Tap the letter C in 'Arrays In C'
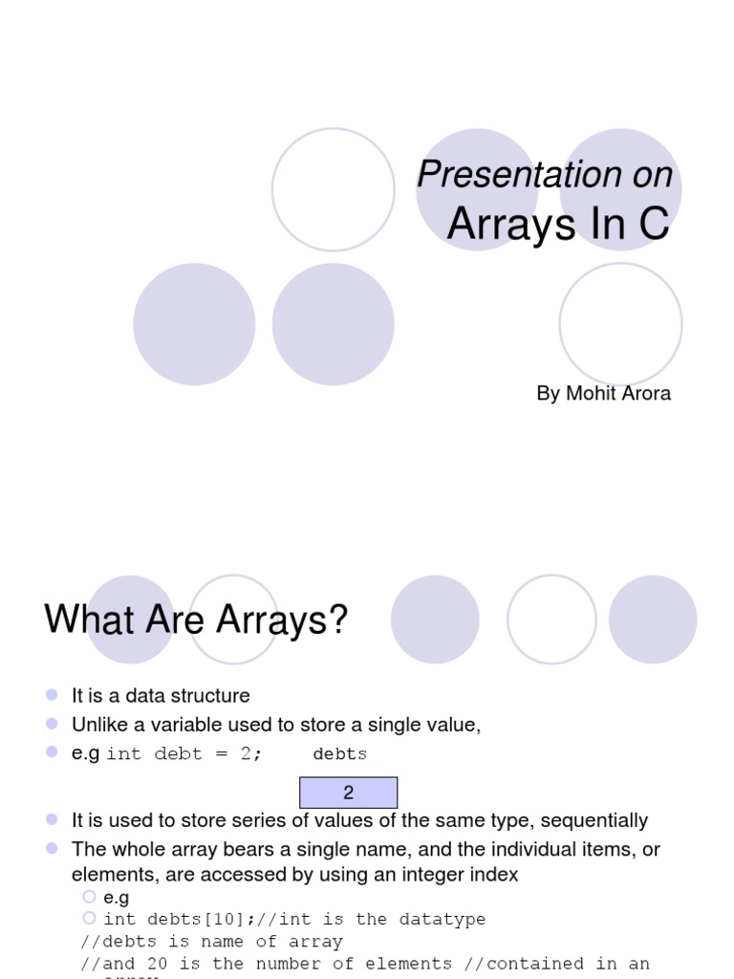(x=654, y=224)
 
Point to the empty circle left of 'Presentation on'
(x=333, y=189)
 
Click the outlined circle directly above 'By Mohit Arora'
(x=620, y=324)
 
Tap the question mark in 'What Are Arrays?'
(x=337, y=620)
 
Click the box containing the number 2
(x=348, y=793)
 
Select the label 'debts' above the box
(x=339, y=754)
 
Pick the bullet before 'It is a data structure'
(x=52, y=695)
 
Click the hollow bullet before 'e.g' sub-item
(x=89, y=897)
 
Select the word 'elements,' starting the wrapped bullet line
(x=113, y=874)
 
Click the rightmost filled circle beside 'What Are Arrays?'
(x=653, y=620)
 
